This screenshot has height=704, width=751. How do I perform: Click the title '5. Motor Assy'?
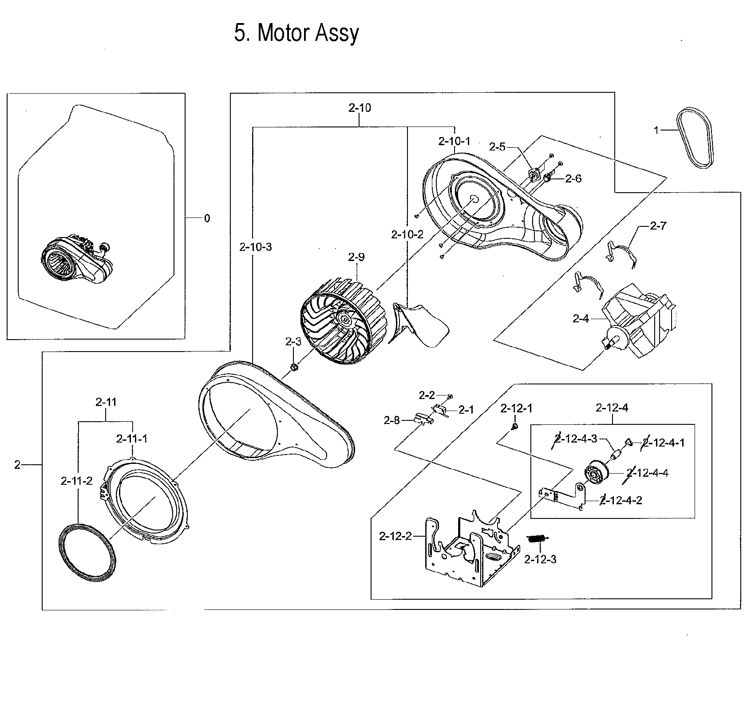click(296, 33)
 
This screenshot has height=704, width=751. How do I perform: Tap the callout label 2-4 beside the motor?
click(581, 318)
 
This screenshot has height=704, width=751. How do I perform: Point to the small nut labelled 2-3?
click(293, 367)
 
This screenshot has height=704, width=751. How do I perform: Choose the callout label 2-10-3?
click(255, 247)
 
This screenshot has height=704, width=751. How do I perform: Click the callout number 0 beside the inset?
click(207, 218)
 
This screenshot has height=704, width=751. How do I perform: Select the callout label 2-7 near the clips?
click(658, 226)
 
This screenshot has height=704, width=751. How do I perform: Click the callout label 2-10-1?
click(454, 141)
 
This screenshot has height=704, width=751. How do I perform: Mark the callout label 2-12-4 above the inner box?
click(612, 407)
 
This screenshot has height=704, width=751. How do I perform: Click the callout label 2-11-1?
click(132, 439)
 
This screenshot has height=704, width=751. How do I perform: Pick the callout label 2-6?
click(573, 178)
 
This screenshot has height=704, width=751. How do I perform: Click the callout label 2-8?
click(391, 420)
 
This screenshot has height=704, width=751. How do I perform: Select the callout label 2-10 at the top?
click(360, 108)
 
